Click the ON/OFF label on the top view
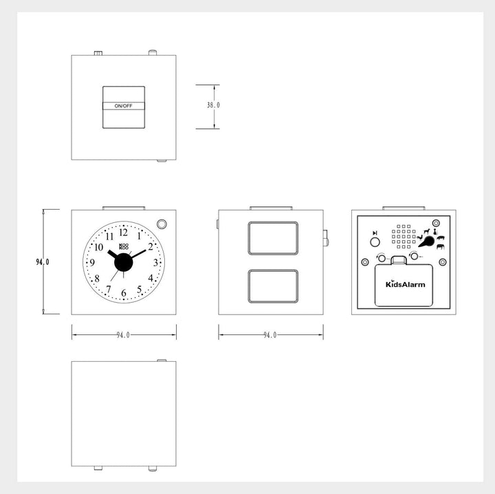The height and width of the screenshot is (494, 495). click(x=124, y=106)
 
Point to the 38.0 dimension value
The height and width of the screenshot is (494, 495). click(x=213, y=105)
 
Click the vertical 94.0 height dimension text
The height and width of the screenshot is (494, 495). click(x=43, y=262)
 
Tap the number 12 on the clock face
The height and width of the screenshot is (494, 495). click(x=124, y=233)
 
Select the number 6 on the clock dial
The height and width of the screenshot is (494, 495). click(x=124, y=293)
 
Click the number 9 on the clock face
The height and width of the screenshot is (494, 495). click(x=92, y=262)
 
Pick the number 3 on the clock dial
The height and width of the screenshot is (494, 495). click(x=155, y=262)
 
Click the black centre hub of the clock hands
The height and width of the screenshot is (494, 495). click(x=124, y=262)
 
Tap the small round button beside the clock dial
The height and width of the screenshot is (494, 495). click(x=162, y=224)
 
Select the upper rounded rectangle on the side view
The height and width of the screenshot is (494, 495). click(x=273, y=238)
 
